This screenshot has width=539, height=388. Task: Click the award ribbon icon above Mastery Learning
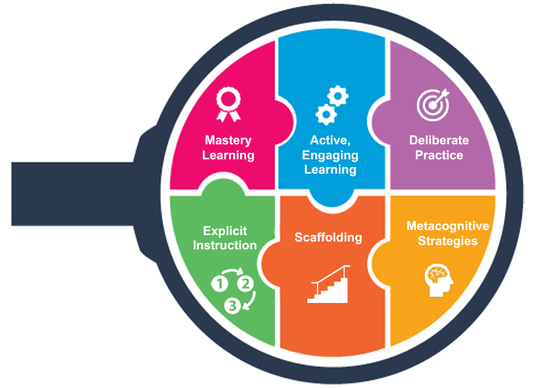pyautogui.click(x=228, y=104)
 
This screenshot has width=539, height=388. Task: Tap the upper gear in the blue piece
pyautogui.click(x=337, y=96)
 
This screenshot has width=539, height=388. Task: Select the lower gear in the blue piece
pyautogui.click(x=326, y=114)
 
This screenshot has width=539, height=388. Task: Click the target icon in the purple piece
pyautogui.click(x=433, y=105)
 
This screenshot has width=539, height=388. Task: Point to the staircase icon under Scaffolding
pyautogui.click(x=329, y=284)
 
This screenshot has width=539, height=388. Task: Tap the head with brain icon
pyautogui.click(x=438, y=279)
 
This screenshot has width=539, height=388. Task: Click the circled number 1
pyautogui.click(x=219, y=284)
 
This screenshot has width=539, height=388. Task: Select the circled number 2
pyautogui.click(x=245, y=284)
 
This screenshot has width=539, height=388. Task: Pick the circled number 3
pyautogui.click(x=233, y=306)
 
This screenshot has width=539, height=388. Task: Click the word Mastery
pyautogui.click(x=228, y=140)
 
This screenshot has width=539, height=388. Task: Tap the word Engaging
pyautogui.click(x=330, y=156)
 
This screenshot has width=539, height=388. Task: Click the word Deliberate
pyautogui.click(x=439, y=140)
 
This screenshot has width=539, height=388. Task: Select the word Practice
pyautogui.click(x=439, y=155)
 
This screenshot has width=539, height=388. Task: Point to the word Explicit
pyautogui.click(x=224, y=231)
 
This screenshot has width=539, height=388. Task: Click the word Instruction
pyautogui.click(x=224, y=245)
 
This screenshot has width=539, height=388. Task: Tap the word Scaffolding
pyautogui.click(x=328, y=237)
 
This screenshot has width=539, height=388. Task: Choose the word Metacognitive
pyautogui.click(x=447, y=226)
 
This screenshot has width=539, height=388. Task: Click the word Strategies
pyautogui.click(x=447, y=241)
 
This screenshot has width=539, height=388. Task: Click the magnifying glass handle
pyautogui.click(x=73, y=194)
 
